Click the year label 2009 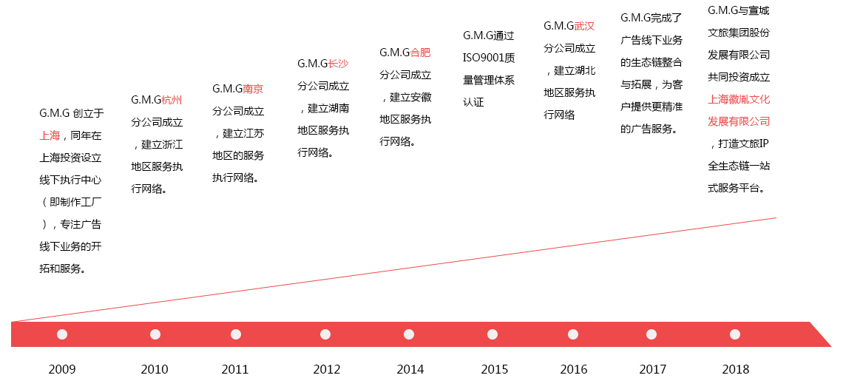click(62, 369)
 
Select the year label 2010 click(155, 369)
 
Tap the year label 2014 click(410, 369)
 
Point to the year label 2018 click(735, 369)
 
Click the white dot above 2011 click(236, 334)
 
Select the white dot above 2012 click(325, 334)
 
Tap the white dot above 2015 click(493, 334)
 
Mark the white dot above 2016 click(573, 334)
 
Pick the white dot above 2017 click(651, 334)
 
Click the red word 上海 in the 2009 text click(50, 135)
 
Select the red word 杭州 click(172, 100)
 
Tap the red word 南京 click(253, 89)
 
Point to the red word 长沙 click(338, 64)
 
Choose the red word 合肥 click(420, 53)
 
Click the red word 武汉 click(584, 26)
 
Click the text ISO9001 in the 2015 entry click(483, 58)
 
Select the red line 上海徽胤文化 click(739, 98)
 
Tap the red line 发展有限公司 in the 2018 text click(739, 121)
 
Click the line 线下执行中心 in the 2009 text click(70, 180)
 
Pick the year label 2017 click(652, 369)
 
